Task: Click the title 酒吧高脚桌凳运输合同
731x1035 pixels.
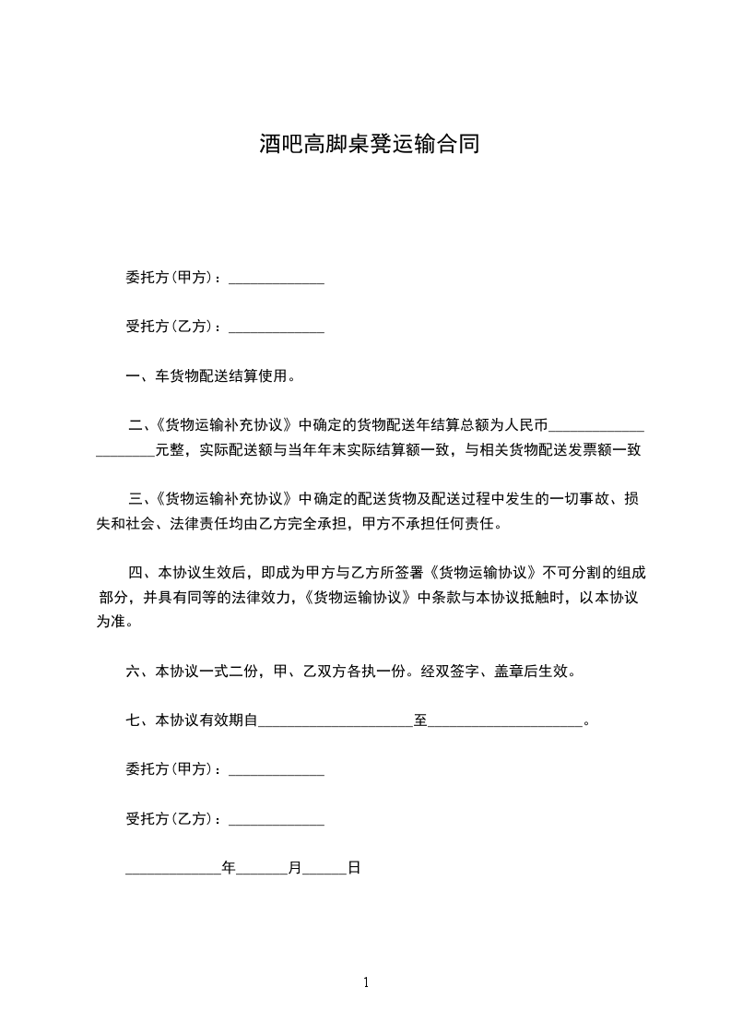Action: pyautogui.click(x=369, y=144)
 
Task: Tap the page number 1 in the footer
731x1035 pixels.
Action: pyautogui.click(x=366, y=982)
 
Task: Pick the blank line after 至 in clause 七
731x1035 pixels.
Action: pyautogui.click(x=505, y=721)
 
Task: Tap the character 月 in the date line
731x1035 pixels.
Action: pyautogui.click(x=295, y=868)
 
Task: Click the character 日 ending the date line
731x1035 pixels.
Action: pyautogui.click(x=353, y=868)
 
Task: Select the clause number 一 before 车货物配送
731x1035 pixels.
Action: pyautogui.click(x=131, y=376)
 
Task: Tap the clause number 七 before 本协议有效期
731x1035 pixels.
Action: pyautogui.click(x=131, y=720)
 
